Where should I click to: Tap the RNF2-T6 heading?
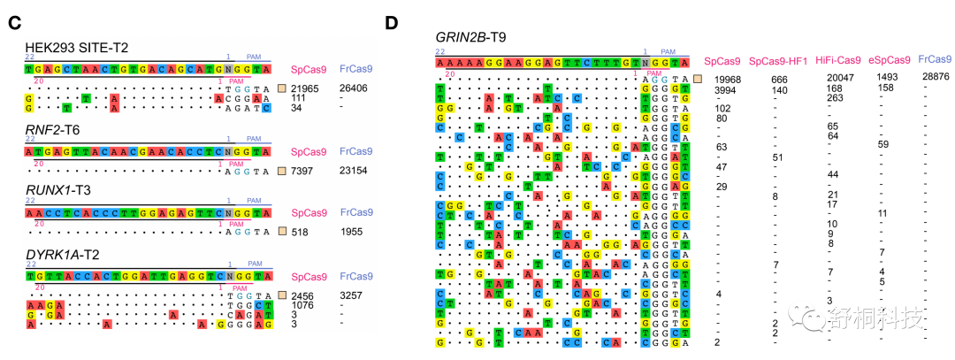[x=50, y=133]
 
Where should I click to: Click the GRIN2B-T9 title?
[x=472, y=37]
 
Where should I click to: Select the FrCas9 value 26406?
[x=355, y=88]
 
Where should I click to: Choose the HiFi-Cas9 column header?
[x=837, y=60]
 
